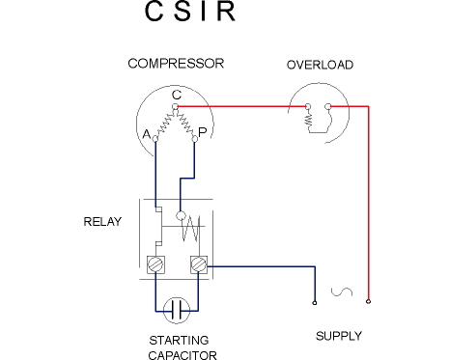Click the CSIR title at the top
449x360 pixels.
tap(190, 12)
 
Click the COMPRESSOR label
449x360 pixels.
tap(176, 64)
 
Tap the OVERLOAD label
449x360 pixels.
tap(320, 65)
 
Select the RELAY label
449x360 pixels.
tap(102, 222)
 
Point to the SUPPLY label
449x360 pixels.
tap(339, 336)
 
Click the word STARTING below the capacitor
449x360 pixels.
tap(179, 341)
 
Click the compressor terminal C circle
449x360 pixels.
tap(175, 106)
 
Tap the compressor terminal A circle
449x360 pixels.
tap(155, 139)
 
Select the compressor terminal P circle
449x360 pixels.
tap(194, 139)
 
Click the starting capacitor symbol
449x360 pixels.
tap(177, 311)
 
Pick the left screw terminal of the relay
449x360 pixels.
tap(155, 264)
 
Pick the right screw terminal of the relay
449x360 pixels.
tap(199, 264)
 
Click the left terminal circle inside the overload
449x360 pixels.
tap(308, 106)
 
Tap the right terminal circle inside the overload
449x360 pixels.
tap(328, 106)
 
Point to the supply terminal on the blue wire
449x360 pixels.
tap(315, 303)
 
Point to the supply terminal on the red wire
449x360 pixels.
tap(369, 301)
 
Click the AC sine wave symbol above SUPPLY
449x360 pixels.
tap(342, 291)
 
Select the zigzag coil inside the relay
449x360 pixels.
tap(190, 229)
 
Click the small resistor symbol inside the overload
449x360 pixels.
tap(309, 120)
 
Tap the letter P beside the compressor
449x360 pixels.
tap(202, 132)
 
